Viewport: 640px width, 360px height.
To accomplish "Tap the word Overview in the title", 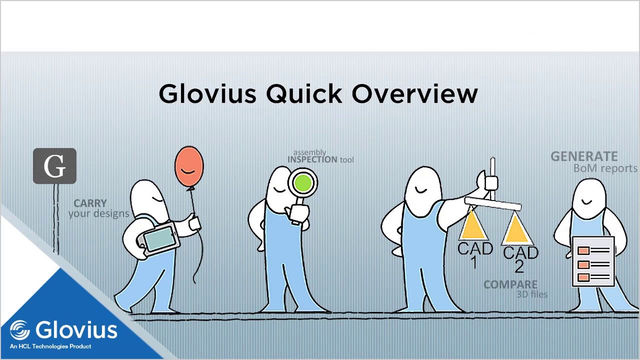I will [x=414, y=94].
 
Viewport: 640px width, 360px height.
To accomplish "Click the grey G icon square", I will [x=54, y=166].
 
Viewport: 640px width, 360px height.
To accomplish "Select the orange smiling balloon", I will [x=189, y=167].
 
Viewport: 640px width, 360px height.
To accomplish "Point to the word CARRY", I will [x=90, y=203].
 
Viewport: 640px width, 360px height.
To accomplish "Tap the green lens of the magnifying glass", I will [x=303, y=183].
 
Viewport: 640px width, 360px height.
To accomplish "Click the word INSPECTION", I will [x=312, y=160].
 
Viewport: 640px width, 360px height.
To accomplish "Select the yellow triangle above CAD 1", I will [x=473, y=228].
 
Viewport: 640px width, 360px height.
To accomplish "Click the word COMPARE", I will [x=510, y=285].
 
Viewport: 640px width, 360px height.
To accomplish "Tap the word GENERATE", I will [x=583, y=156].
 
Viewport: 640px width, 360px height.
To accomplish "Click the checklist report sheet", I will [x=593, y=262].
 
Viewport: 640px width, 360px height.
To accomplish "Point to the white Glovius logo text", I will [x=76, y=330].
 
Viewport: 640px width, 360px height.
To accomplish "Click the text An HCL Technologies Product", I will [x=50, y=346].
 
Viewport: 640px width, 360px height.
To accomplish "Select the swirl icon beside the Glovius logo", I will [x=20, y=330].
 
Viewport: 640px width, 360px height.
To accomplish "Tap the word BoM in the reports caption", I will [x=582, y=168].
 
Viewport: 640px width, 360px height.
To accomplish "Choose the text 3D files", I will [x=531, y=294].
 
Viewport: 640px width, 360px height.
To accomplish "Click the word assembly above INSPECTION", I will [x=309, y=152].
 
